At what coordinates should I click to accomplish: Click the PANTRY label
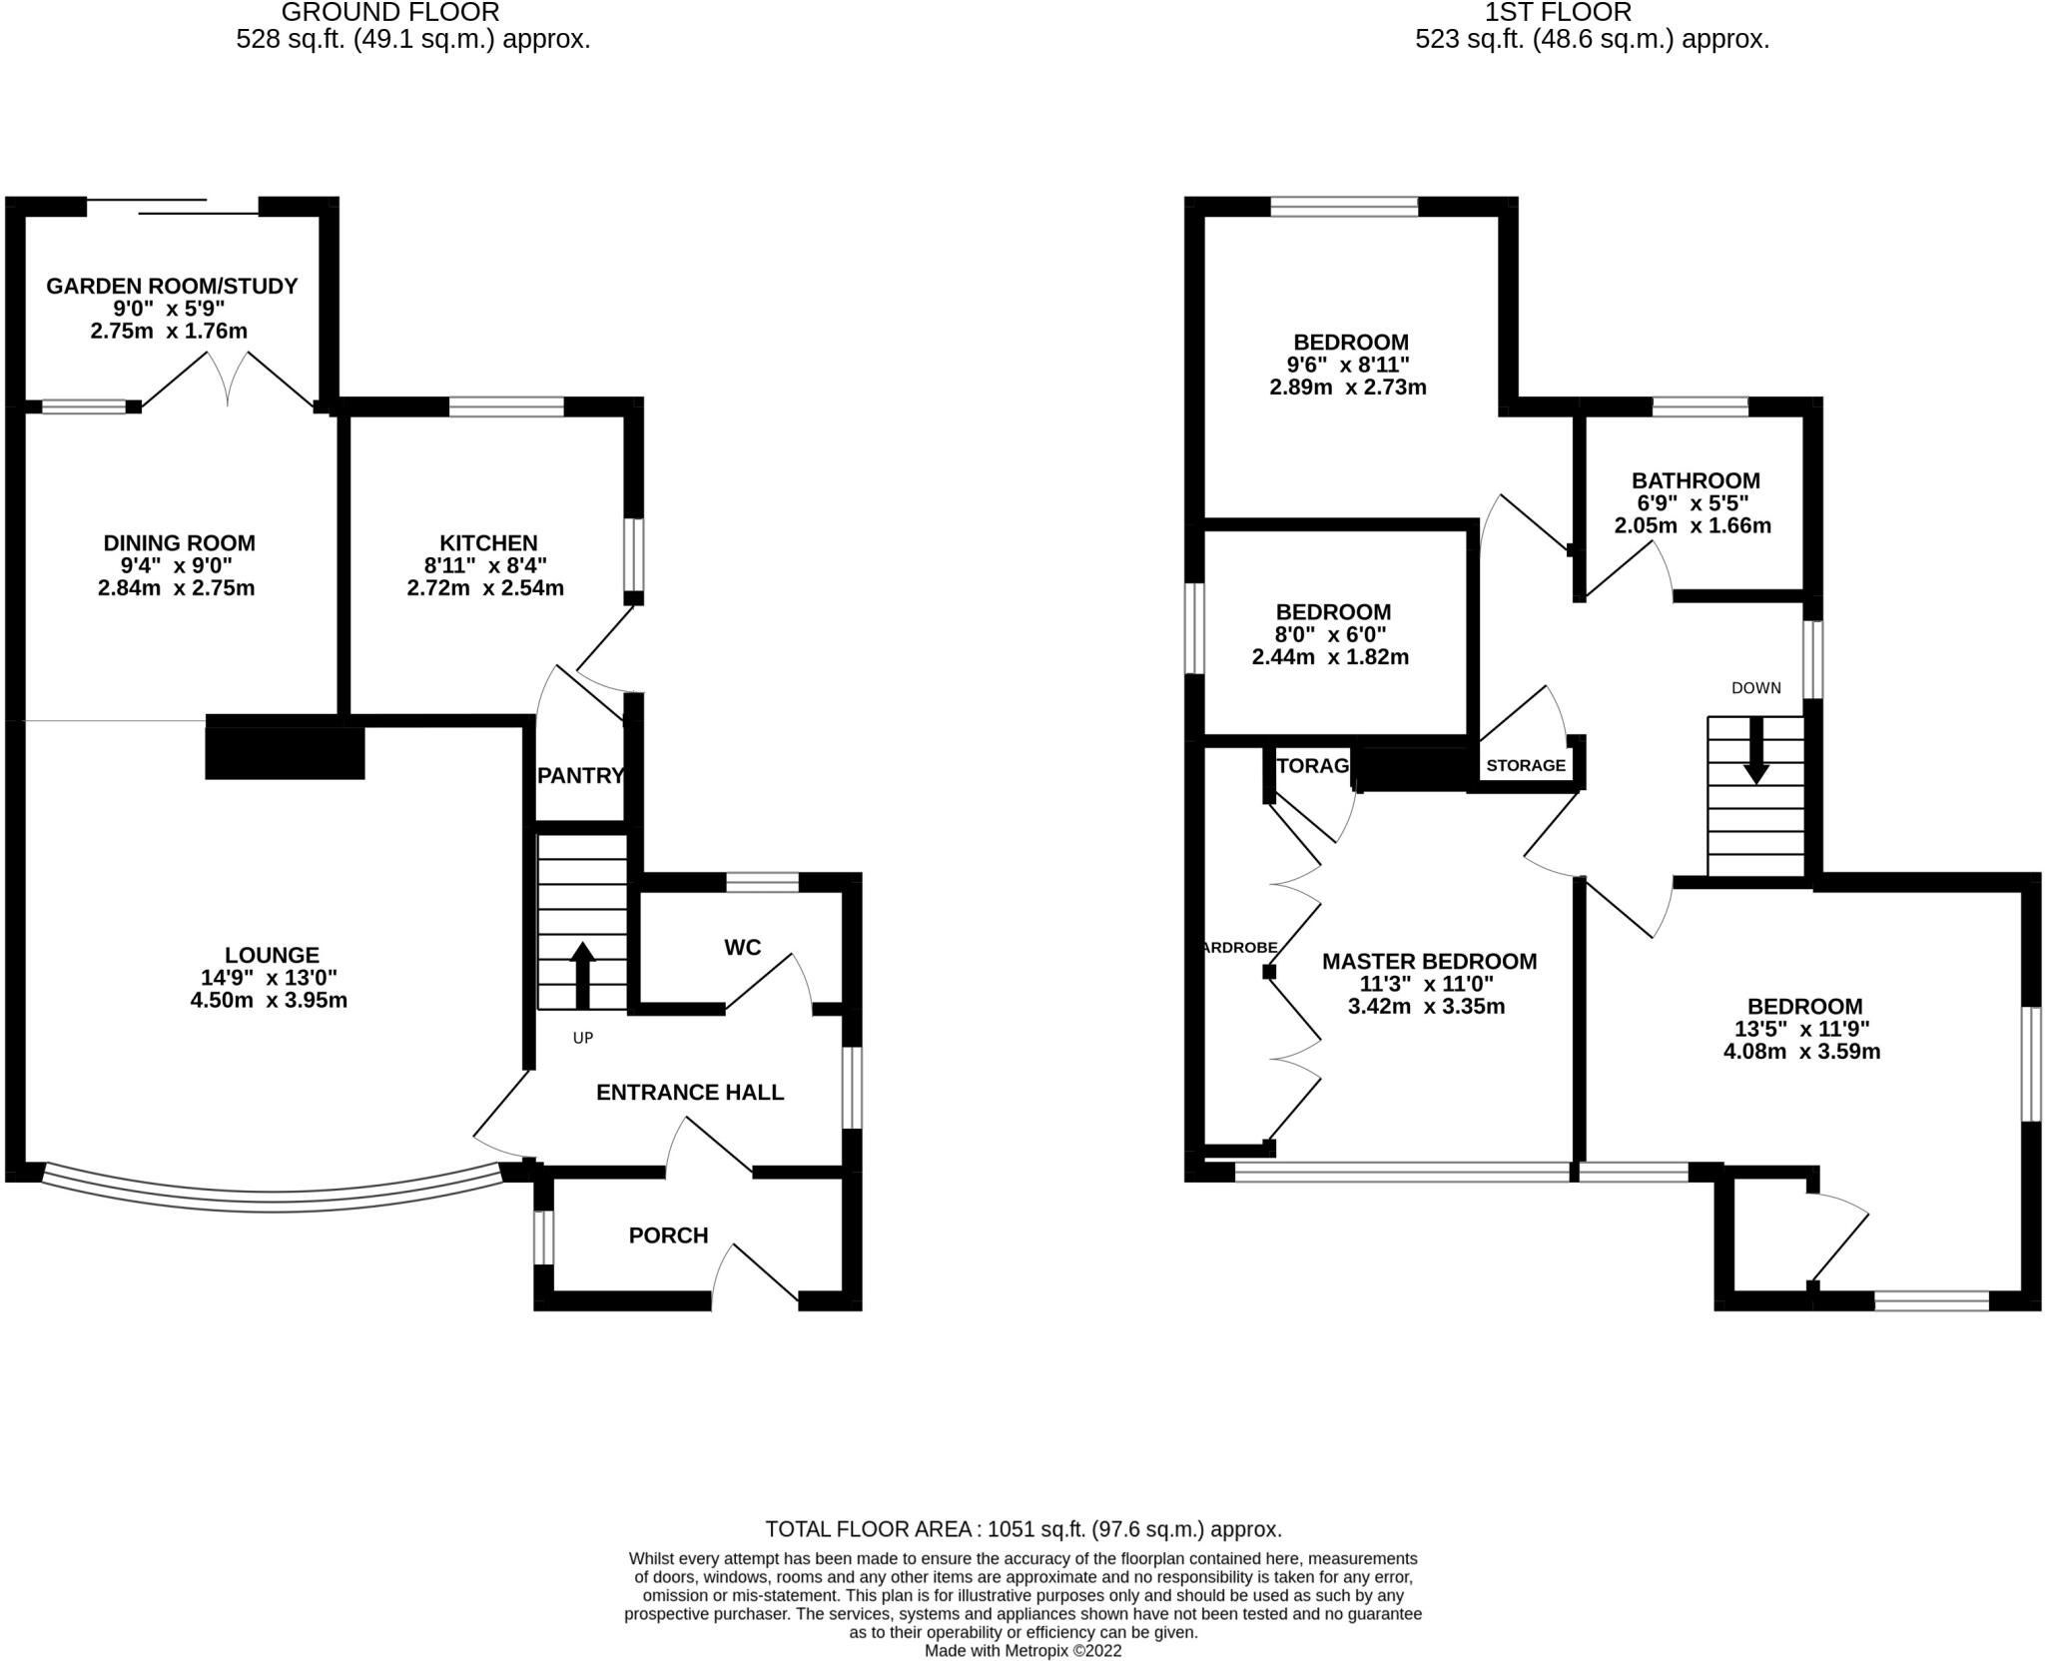[580, 775]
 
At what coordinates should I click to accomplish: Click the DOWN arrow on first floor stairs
[1756, 750]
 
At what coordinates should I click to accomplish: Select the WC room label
[742, 947]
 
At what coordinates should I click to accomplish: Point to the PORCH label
[668, 1236]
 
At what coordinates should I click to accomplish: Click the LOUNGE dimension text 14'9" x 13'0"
[269, 978]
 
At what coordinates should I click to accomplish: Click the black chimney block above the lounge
[285, 751]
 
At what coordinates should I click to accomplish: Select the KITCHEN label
[488, 542]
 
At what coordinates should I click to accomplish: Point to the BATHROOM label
[1696, 480]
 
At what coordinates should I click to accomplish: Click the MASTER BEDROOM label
[1429, 961]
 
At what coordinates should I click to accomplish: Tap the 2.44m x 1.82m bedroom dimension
[1330, 657]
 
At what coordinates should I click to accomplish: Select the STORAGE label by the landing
[1525, 765]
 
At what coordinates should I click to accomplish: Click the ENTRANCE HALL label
[690, 1092]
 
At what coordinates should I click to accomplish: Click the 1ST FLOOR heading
[1592, 13]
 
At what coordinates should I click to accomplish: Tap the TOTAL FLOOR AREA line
[1022, 1529]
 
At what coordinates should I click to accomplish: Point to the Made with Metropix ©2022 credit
[1022, 1651]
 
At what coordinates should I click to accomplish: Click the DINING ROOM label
[180, 542]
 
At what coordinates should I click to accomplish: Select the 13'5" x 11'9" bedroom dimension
[1801, 1029]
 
